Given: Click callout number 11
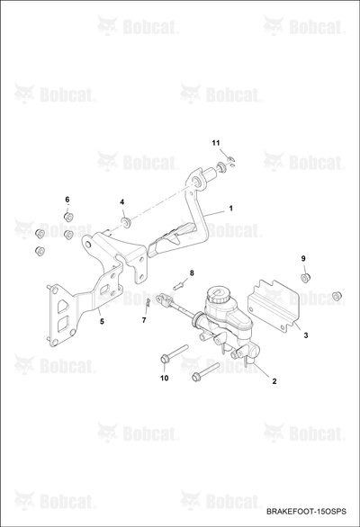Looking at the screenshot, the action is (216, 143).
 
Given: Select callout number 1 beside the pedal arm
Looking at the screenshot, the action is (230, 209).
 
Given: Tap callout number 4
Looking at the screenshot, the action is (122, 202).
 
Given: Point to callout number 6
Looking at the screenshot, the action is (67, 200).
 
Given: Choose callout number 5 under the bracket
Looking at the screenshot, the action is (102, 322).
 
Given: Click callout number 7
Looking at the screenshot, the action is (144, 320).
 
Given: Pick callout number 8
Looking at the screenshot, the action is (192, 272).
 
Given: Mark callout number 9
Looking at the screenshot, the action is (303, 258).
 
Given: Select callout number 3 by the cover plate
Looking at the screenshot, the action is (305, 335).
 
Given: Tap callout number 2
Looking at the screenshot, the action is (274, 381).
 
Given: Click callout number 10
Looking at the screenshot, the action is (164, 378).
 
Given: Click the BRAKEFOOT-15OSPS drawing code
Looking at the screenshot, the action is (306, 512).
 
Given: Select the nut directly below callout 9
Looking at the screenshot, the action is (305, 278).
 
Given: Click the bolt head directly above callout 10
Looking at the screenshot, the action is (165, 358).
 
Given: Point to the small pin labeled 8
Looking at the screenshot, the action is (178, 286).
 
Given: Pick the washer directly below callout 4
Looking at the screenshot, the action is (127, 222).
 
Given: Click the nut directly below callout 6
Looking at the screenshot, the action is (68, 217).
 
